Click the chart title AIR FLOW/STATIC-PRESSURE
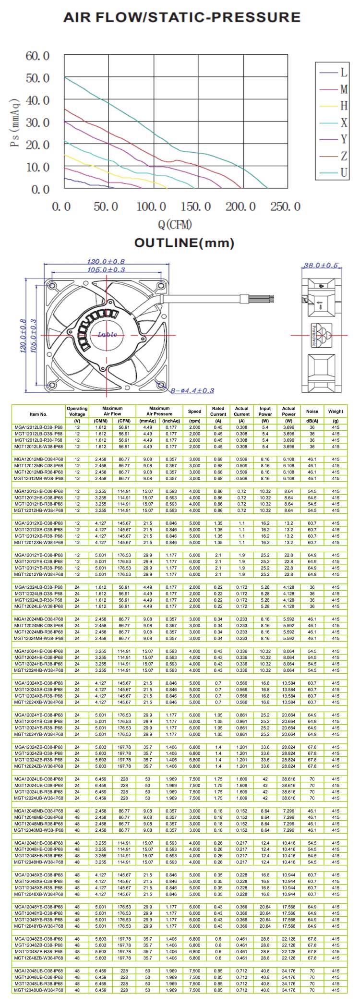(x=182, y=18)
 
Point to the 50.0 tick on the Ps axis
(x=37, y=78)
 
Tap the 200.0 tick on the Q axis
(x=240, y=206)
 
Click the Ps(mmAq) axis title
(x=15, y=122)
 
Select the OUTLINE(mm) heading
(x=184, y=243)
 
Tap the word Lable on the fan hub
(x=107, y=335)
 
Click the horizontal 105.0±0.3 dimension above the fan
(x=106, y=269)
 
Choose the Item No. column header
(x=38, y=414)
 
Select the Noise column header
(x=312, y=412)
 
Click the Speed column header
(x=194, y=412)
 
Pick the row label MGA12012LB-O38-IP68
(x=38, y=427)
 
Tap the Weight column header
(x=336, y=412)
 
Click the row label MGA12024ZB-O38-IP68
(x=38, y=747)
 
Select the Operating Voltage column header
(x=77, y=412)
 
